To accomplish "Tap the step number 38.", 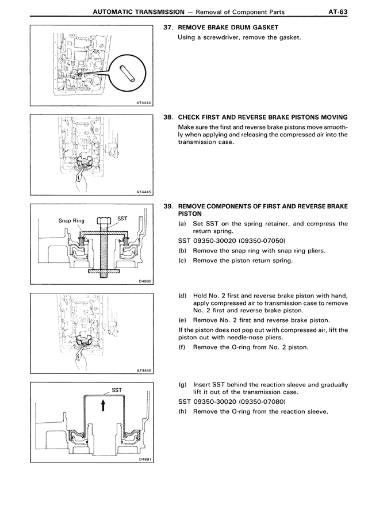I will coord(168,116).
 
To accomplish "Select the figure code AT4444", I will coord(144,102).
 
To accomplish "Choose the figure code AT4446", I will coord(144,371).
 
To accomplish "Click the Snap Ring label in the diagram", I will coord(71,220).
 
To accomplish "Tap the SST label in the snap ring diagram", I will coord(122,219).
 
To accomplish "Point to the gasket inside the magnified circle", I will coord(126,74).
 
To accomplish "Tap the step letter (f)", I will coord(182,347).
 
